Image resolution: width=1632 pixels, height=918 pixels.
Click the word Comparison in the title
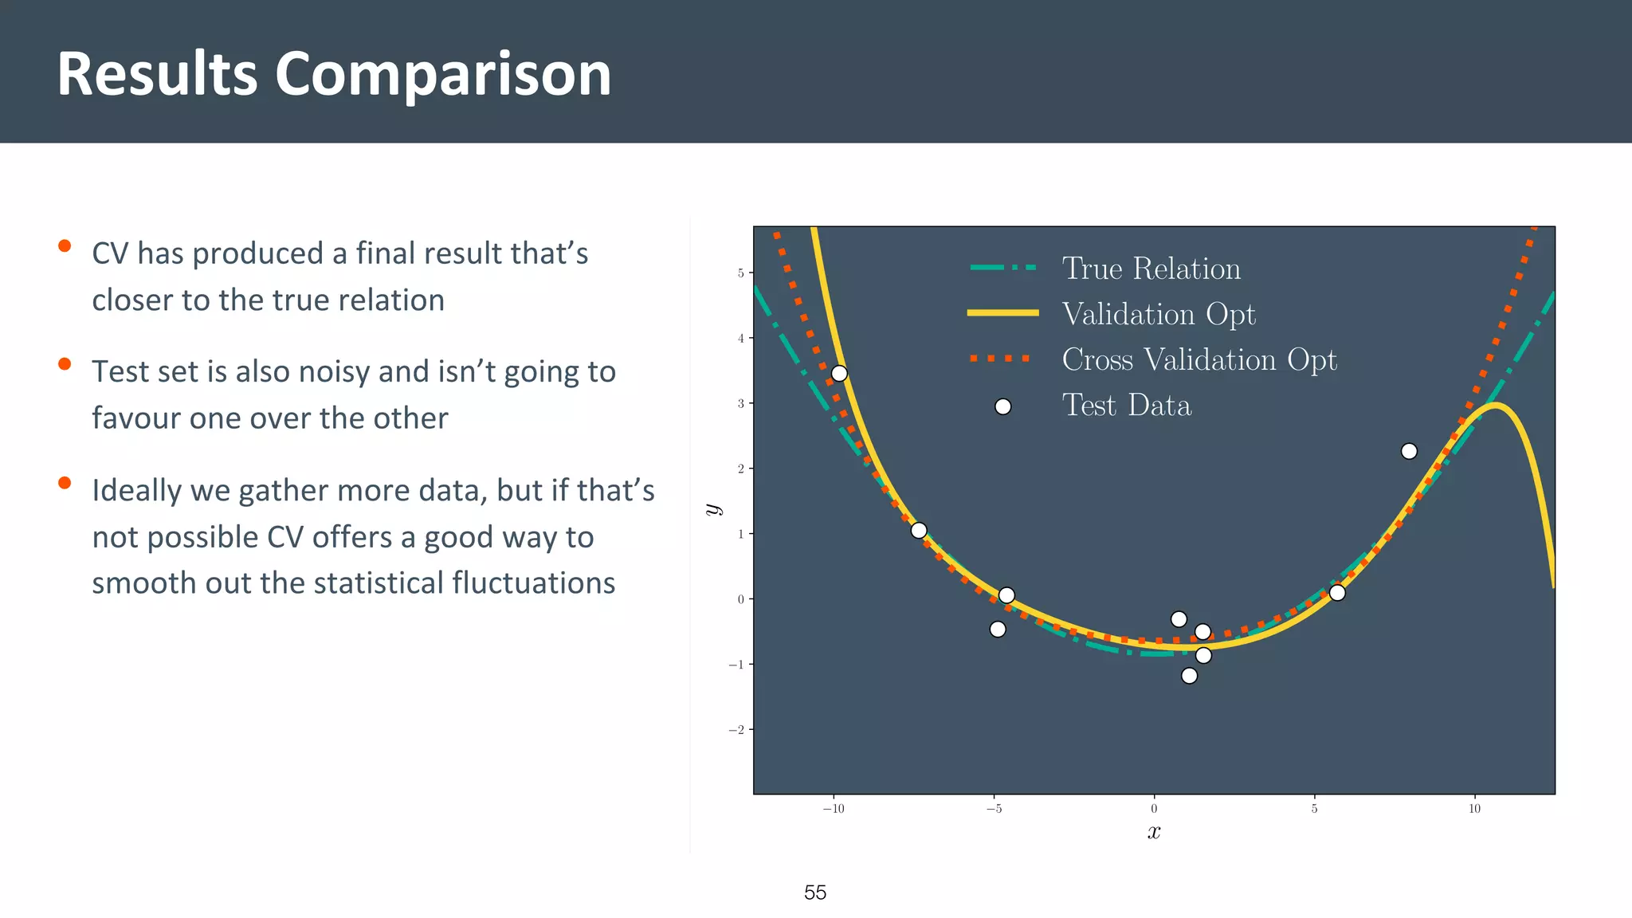coord(443,74)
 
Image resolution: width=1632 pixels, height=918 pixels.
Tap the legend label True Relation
coord(1151,269)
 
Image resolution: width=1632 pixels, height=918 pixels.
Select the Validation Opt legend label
coord(1159,314)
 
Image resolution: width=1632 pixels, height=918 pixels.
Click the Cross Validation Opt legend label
coord(1198,359)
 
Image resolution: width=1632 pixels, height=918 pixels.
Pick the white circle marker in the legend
coord(1003,407)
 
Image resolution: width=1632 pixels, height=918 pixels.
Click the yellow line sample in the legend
coord(1002,313)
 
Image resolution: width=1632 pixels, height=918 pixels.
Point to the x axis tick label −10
coord(834,809)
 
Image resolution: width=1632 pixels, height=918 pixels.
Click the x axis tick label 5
coord(1314,809)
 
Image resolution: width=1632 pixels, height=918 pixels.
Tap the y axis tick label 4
coord(740,339)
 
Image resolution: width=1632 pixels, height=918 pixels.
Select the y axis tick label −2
coord(737,730)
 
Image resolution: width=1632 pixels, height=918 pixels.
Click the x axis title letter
coord(1154,833)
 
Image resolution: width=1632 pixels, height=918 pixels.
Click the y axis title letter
coord(713,509)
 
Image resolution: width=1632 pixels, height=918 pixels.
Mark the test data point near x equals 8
coord(1409,451)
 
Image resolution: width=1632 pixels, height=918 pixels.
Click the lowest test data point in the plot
coord(1189,676)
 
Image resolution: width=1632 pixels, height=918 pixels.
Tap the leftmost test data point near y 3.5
coord(839,374)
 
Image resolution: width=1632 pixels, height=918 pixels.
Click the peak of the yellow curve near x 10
coord(1496,406)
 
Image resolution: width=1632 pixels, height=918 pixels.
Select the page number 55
coord(815,892)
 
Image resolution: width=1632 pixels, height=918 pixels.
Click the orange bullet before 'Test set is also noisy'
coord(65,364)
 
